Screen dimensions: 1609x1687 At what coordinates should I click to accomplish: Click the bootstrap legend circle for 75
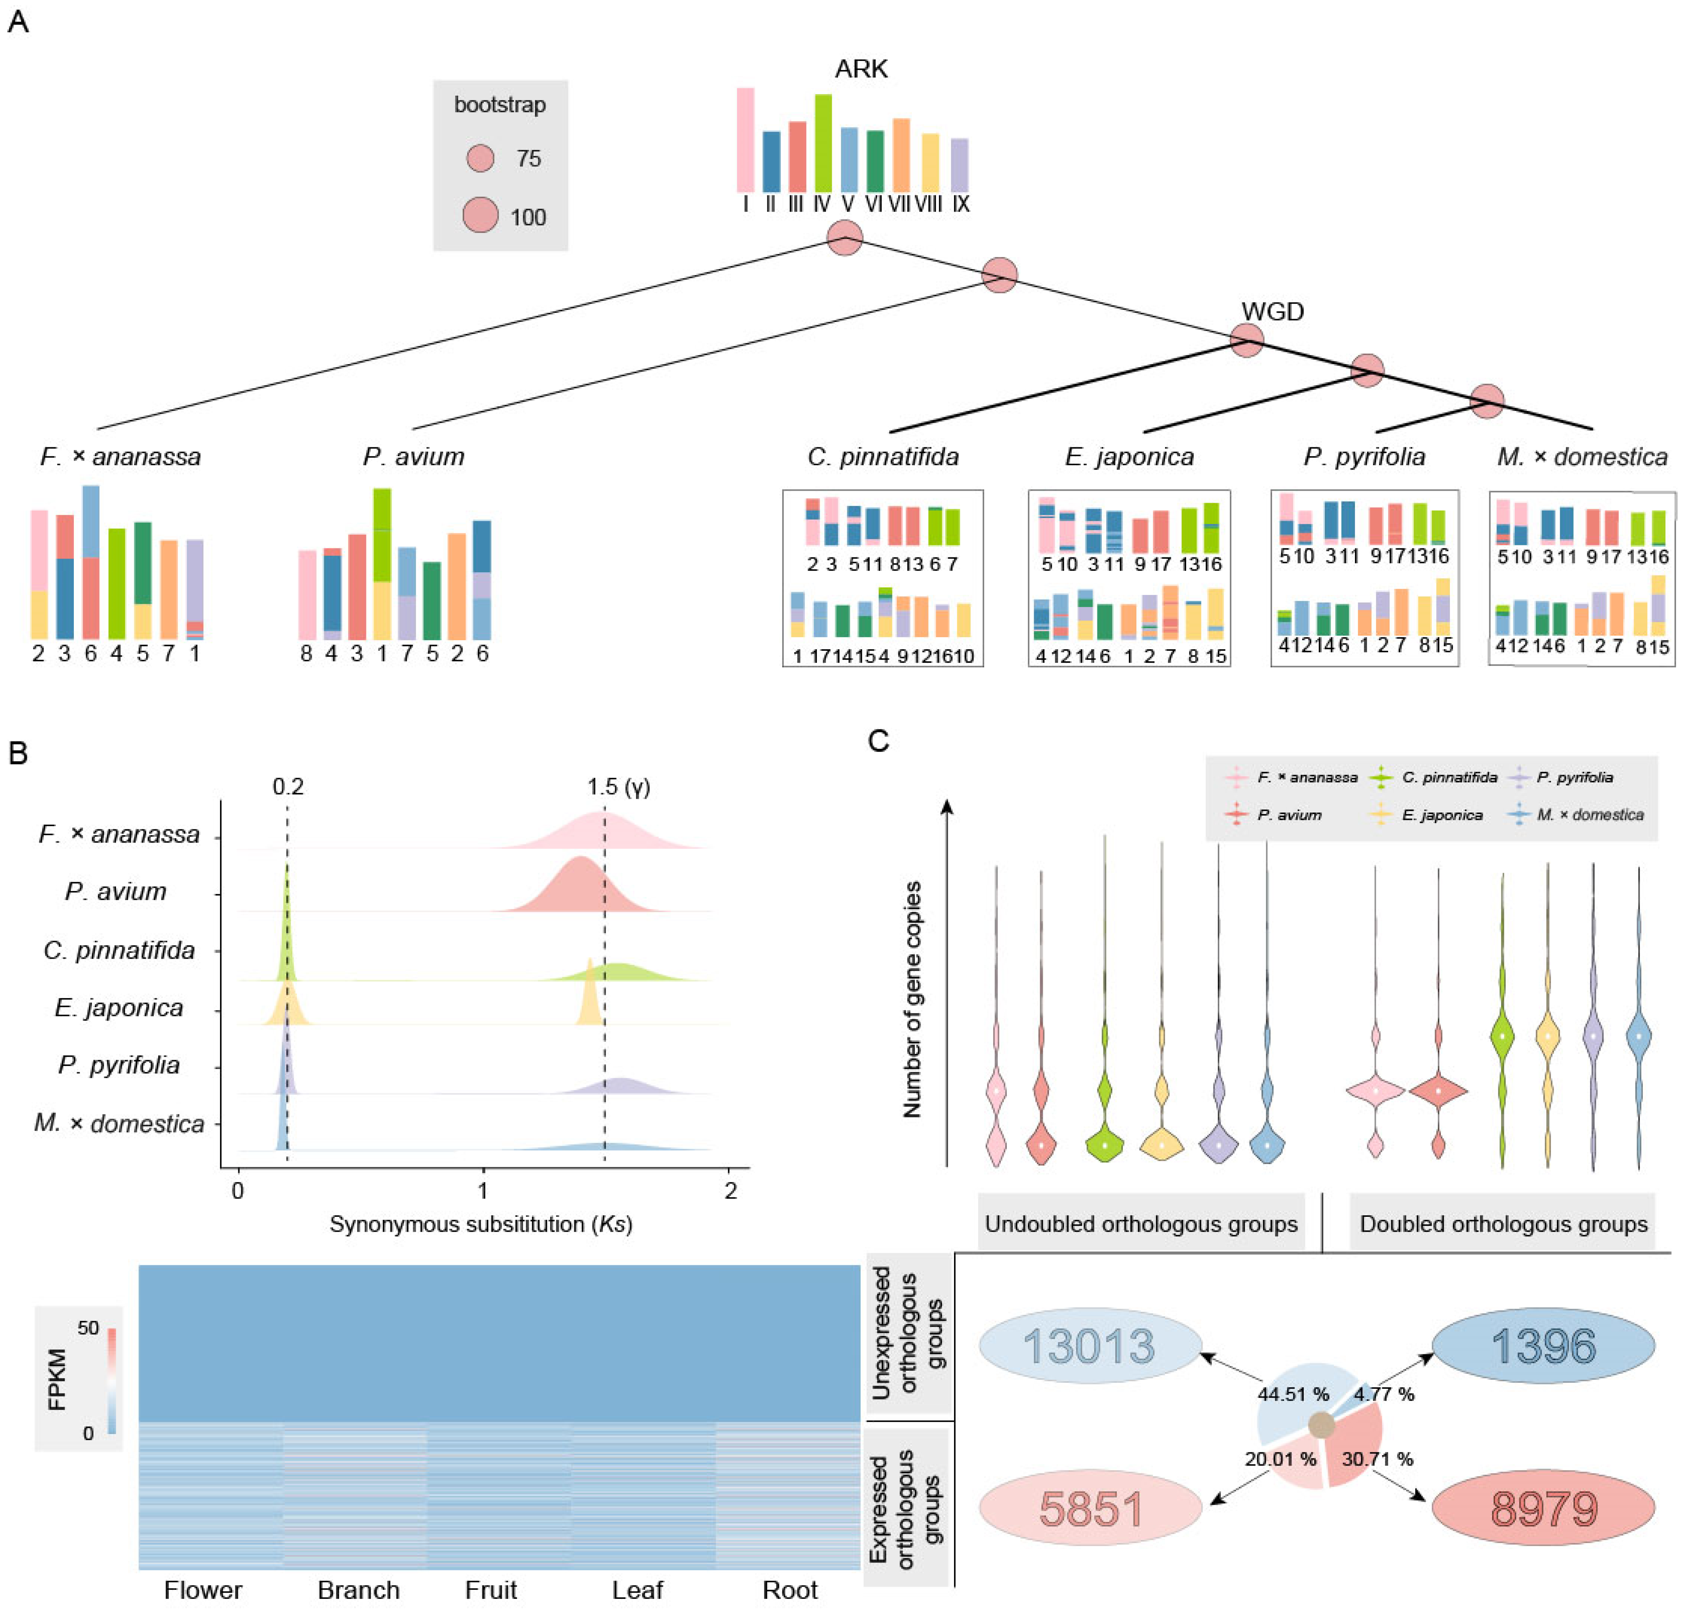pyautogui.click(x=480, y=158)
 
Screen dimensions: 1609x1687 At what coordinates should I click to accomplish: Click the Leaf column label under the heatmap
pyautogui.click(x=637, y=1589)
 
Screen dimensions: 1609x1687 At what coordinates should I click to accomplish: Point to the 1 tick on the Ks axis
pyautogui.click(x=483, y=1191)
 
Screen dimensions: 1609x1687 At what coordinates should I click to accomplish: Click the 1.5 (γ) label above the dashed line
pyautogui.click(x=618, y=786)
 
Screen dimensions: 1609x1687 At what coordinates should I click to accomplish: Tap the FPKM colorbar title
pyautogui.click(x=57, y=1379)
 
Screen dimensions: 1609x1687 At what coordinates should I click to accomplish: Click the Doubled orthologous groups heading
pyautogui.click(x=1503, y=1224)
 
